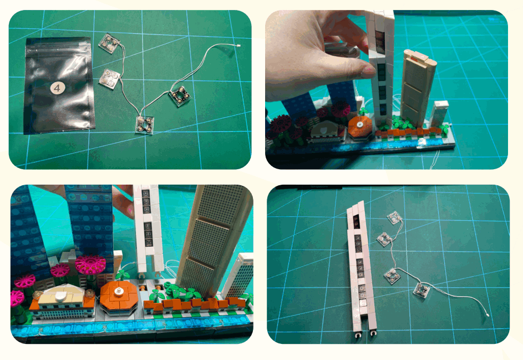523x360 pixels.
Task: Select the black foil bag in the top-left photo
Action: click(x=58, y=86)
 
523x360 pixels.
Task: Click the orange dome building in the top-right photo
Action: click(x=361, y=127)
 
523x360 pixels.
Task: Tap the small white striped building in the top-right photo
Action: click(x=440, y=114)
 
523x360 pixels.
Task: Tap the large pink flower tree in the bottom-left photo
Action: click(x=90, y=265)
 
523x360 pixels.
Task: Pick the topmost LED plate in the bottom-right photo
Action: click(x=395, y=218)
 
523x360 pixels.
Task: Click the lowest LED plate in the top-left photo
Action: click(x=146, y=124)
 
